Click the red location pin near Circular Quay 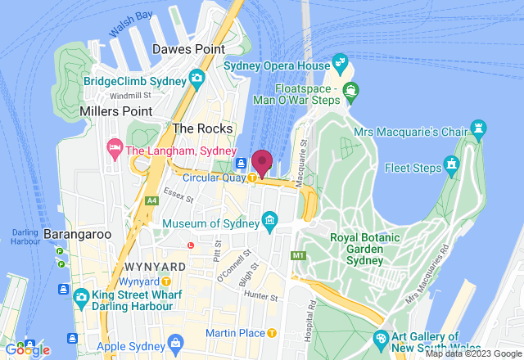click(262, 161)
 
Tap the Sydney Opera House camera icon click(340, 63)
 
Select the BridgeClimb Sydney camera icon click(196, 79)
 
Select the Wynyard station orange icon click(166, 281)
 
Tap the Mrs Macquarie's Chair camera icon click(478, 128)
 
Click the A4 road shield click(151, 200)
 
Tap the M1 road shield click(297, 256)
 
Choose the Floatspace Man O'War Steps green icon click(351, 89)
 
